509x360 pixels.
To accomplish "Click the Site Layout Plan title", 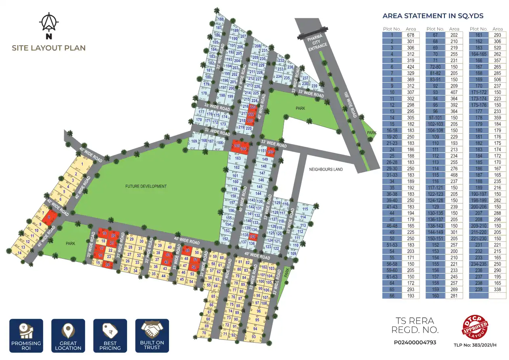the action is click(49, 48).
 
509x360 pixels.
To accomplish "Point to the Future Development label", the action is click(146, 186).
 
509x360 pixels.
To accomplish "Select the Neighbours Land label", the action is click(326, 169).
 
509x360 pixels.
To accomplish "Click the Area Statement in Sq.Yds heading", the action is click(433, 16).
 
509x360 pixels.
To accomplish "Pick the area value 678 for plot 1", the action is click(411, 35).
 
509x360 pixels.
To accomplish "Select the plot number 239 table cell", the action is click(479, 289).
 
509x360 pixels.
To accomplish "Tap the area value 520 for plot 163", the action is click(498, 48).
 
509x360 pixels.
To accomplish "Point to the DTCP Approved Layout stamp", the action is click(475, 327).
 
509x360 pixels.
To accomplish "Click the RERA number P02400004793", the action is click(415, 343).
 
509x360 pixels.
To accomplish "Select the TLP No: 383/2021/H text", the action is click(475, 345).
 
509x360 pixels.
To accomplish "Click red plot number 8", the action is click(49, 217).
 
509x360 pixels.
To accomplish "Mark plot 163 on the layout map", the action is click(237, 159).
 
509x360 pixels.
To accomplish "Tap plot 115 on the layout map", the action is click(305, 209).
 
